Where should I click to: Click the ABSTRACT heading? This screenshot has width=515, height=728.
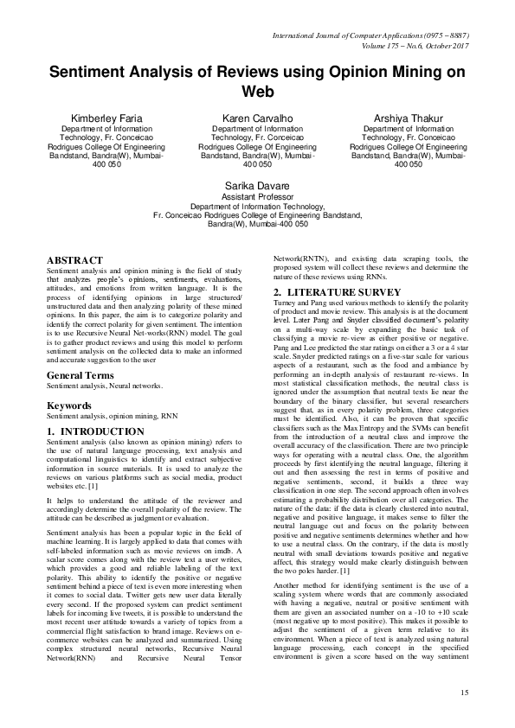(74, 259)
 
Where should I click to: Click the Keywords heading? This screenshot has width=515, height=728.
(69, 380)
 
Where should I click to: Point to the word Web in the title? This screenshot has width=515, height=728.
(257, 91)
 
